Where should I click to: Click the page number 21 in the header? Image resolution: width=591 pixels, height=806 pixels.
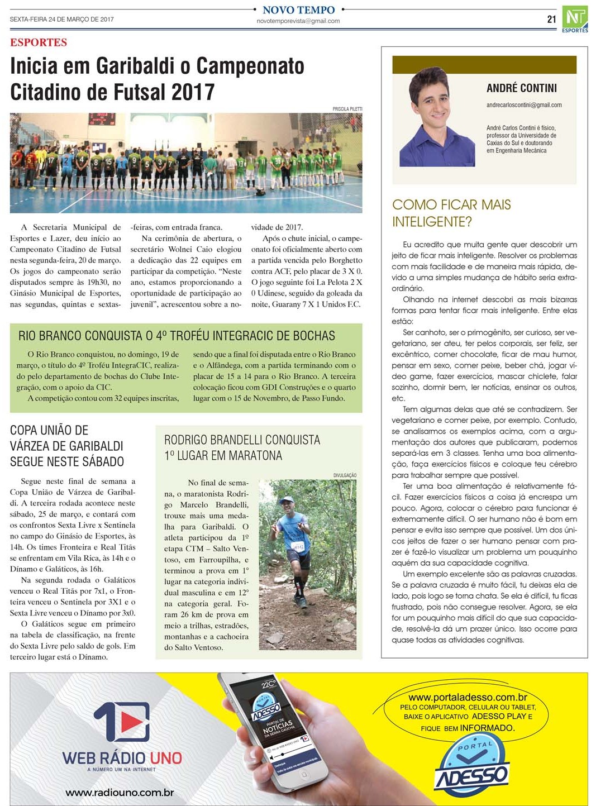[551, 19]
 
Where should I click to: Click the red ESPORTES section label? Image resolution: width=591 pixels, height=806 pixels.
[39, 42]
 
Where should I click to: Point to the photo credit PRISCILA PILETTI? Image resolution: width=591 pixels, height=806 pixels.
[347, 109]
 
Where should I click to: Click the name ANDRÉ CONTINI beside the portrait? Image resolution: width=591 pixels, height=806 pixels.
[521, 88]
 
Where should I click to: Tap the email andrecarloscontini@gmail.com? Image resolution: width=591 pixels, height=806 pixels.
[524, 105]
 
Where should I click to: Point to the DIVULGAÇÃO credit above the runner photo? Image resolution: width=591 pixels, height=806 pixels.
[345, 475]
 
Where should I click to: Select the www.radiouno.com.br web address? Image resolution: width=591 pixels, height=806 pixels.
[120, 792]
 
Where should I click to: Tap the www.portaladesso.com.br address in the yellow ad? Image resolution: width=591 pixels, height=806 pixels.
[468, 697]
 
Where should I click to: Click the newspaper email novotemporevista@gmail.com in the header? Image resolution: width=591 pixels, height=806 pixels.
[298, 21]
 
